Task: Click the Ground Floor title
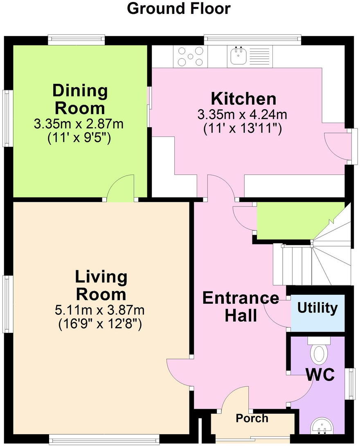pos(178,9)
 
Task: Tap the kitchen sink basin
pos(238,56)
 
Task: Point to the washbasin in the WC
pos(321,426)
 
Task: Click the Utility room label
pos(317,308)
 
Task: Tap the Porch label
pos(252,418)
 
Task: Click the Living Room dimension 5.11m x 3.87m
pos(99,310)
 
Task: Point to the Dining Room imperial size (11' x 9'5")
pos(79,139)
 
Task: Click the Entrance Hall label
pos(241,307)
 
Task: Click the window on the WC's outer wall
pos(352,384)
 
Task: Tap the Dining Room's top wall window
pos(76,40)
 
